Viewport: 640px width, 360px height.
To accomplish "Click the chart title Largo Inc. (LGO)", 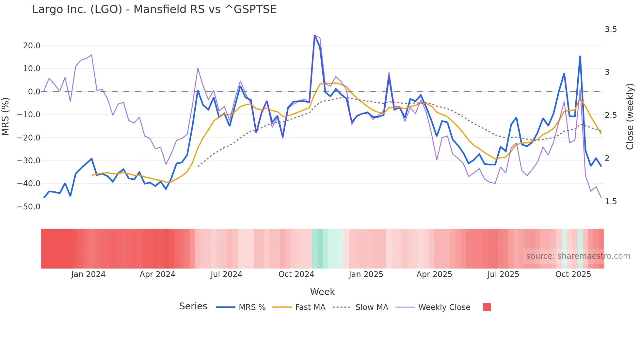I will (154, 9).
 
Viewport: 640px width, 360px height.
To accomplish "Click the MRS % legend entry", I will (252, 307).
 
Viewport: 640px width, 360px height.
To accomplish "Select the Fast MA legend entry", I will (310, 307).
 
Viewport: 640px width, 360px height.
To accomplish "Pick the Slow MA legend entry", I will (372, 307).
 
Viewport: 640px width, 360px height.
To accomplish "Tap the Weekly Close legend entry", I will (444, 307).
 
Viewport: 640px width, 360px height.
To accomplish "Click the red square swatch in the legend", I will (487, 307).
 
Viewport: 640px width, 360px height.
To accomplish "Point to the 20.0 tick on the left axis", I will (32, 46).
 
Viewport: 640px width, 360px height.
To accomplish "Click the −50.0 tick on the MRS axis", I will (29, 207).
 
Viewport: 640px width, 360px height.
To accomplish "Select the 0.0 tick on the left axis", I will (34, 92).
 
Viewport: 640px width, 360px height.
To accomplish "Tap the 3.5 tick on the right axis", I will (611, 29).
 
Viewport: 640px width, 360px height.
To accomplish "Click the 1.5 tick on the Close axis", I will (611, 202).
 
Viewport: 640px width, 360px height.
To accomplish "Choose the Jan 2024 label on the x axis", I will (88, 274).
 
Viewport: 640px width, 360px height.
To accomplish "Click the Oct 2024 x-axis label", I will (296, 274).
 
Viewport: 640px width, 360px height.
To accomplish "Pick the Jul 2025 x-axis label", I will (503, 274).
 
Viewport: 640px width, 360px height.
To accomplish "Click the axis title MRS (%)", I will (5, 116).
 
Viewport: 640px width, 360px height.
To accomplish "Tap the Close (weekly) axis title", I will (630, 116).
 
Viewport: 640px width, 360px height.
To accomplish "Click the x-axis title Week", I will (322, 292).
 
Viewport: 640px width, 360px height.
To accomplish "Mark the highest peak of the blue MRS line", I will (314, 35).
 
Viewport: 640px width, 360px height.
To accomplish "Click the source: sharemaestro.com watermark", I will (578, 256).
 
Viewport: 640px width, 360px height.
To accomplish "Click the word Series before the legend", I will (193, 306).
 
